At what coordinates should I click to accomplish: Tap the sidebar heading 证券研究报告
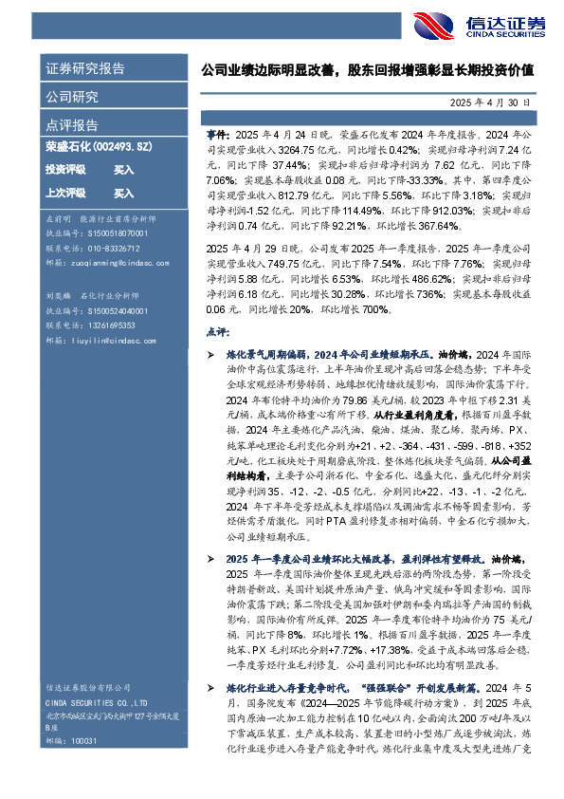[84, 69]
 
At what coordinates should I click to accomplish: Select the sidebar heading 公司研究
[72, 97]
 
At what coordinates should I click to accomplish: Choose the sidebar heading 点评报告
[72, 125]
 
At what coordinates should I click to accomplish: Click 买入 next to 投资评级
[123, 170]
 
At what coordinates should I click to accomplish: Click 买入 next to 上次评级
[123, 193]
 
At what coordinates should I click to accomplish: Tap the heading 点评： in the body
[218, 333]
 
